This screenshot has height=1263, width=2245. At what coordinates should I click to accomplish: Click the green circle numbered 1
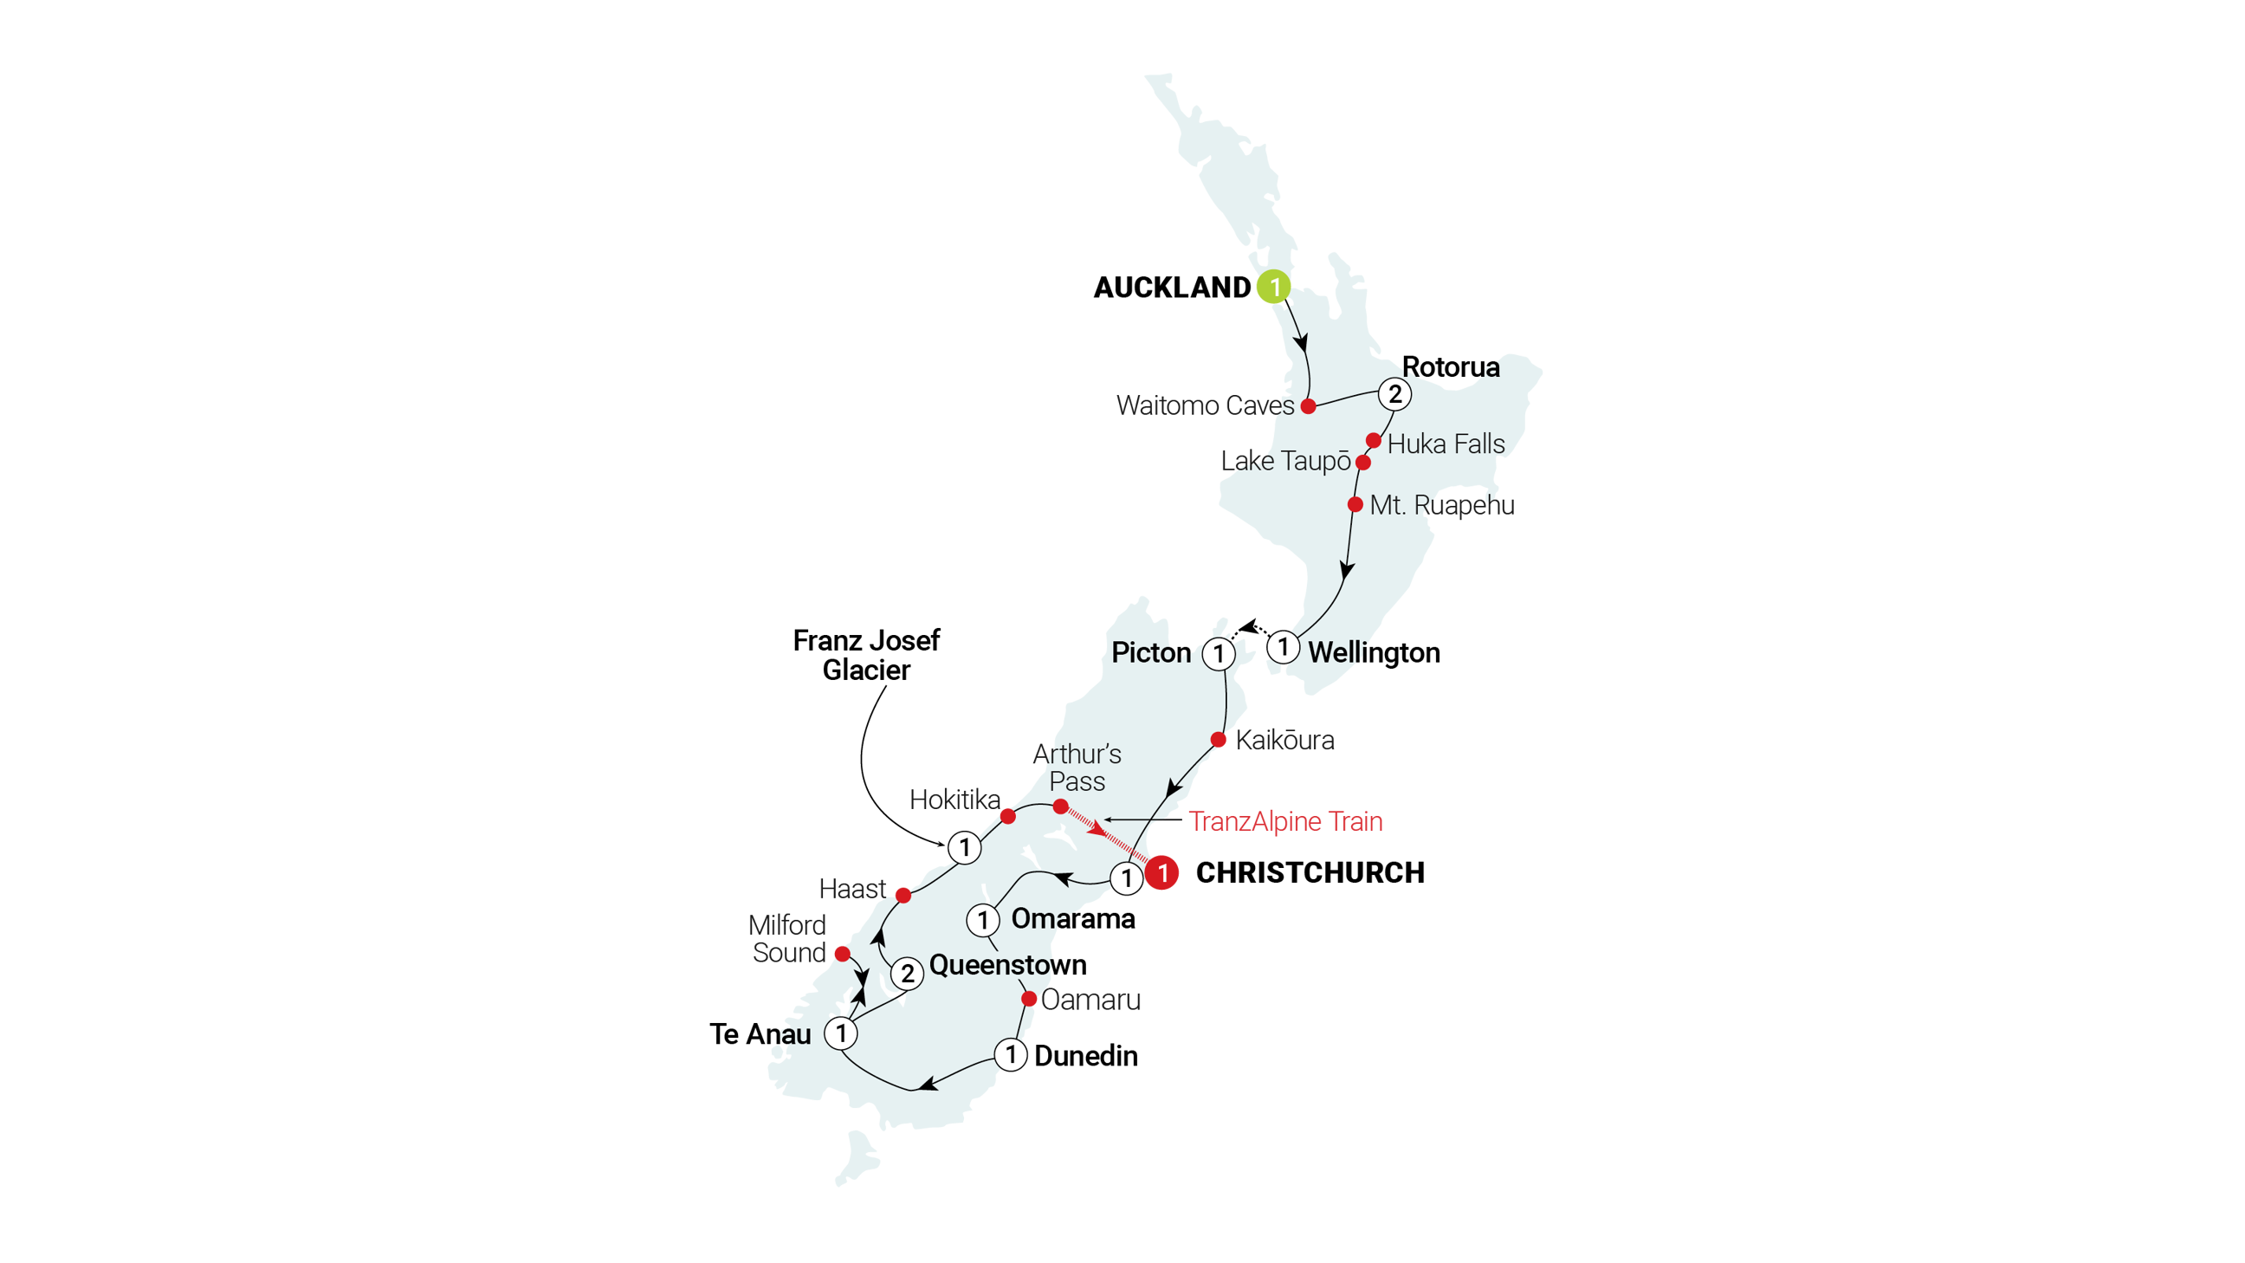(x=1273, y=287)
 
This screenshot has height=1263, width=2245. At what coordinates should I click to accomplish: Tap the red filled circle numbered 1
(x=1162, y=872)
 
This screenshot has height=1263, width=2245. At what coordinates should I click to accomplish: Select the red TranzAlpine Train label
(x=1285, y=822)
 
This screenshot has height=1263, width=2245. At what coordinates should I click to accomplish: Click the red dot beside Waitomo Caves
(x=1308, y=406)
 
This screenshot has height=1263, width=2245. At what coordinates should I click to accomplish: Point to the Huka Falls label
(x=1446, y=444)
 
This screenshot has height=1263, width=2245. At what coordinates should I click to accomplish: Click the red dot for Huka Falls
(x=1374, y=440)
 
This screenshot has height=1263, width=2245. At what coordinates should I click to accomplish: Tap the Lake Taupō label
(x=1285, y=461)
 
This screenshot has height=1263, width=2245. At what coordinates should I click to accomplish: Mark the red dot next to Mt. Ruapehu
(x=1355, y=505)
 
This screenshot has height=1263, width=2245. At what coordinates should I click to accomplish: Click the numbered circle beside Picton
(x=1219, y=653)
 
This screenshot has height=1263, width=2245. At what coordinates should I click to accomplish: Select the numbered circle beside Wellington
(x=1283, y=647)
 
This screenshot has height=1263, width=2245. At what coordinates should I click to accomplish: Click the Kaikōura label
(x=1284, y=741)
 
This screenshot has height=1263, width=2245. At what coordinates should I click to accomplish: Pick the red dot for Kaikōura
(x=1220, y=740)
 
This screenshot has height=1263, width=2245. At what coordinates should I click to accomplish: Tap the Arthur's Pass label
(x=1077, y=768)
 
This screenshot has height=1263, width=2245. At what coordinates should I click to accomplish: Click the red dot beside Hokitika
(x=1007, y=816)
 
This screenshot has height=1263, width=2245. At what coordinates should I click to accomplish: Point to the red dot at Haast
(x=903, y=895)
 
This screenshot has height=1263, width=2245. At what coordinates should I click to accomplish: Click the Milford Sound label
(x=788, y=939)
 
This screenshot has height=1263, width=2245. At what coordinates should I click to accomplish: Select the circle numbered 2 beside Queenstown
(x=907, y=974)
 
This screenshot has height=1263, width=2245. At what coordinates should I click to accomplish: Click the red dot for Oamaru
(x=1029, y=999)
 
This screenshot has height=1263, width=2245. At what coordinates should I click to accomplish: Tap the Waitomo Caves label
(x=1205, y=405)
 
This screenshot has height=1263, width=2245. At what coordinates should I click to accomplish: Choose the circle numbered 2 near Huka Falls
(x=1394, y=394)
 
